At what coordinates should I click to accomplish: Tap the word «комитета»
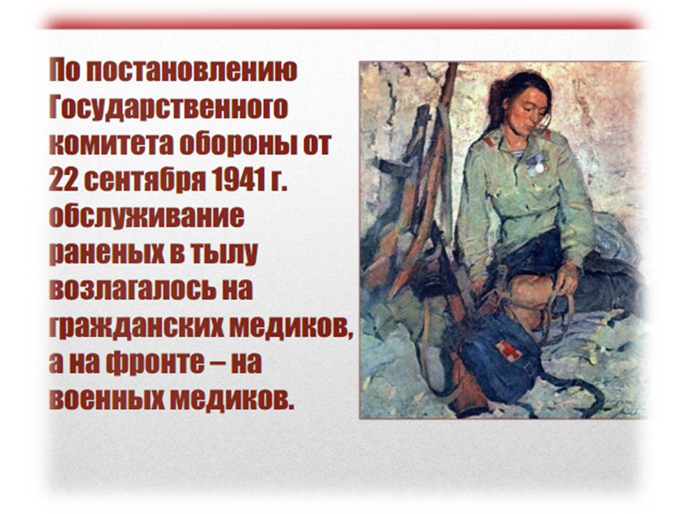(111, 144)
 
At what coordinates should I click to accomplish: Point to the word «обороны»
(235, 145)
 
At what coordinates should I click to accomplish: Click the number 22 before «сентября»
(64, 180)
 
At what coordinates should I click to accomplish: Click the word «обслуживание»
(147, 218)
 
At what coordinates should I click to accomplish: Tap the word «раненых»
(107, 254)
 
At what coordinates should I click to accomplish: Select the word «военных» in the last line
(106, 398)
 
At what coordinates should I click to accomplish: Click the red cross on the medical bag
(508, 351)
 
